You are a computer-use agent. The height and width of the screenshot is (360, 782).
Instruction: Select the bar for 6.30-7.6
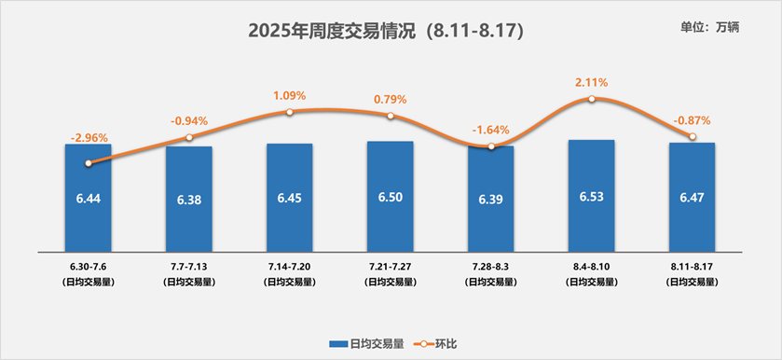tap(89, 215)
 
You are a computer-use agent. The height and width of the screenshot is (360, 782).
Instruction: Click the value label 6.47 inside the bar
tap(692, 198)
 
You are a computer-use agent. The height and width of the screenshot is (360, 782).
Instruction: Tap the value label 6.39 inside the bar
tap(491, 200)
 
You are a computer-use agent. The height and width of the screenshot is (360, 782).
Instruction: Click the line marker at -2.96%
tap(89, 162)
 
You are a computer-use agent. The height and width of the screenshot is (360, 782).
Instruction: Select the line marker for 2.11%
tap(592, 98)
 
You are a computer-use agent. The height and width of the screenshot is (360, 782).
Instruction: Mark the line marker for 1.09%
tap(290, 112)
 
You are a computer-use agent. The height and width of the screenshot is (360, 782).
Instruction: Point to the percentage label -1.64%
tap(491, 130)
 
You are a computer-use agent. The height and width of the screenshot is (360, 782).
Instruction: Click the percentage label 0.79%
tap(391, 100)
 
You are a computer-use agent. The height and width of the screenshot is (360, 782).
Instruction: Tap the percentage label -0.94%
tap(189, 121)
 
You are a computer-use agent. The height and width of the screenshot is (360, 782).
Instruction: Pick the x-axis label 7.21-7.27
tap(391, 268)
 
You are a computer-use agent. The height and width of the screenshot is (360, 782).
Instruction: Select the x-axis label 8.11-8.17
tap(692, 268)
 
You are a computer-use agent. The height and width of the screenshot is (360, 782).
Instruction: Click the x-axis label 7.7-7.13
tap(189, 268)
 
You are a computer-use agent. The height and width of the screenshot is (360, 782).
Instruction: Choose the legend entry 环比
tap(444, 342)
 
